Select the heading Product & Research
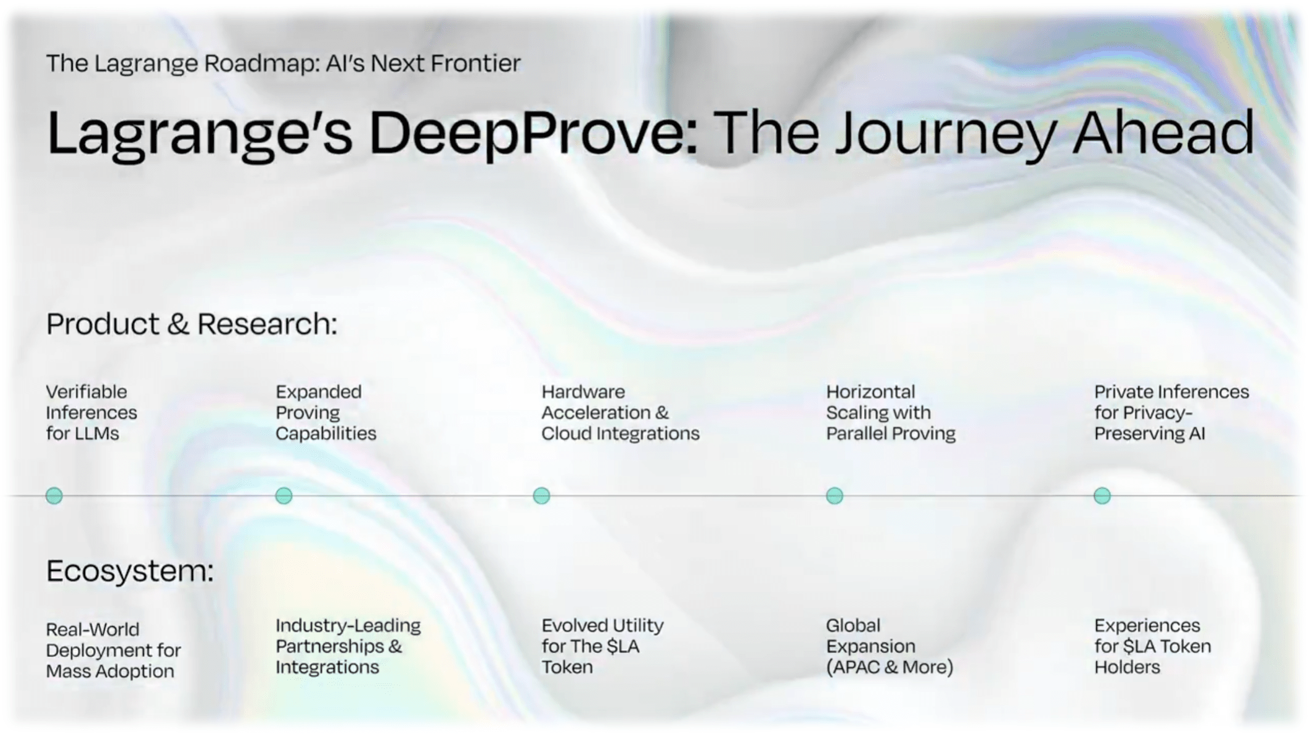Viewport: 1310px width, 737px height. (x=192, y=324)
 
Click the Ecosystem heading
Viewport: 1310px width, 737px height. (x=130, y=571)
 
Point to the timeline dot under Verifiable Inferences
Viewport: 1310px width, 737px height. (x=54, y=496)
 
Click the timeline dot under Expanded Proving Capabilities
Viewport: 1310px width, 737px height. (x=284, y=496)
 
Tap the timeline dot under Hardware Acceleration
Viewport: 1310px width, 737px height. (x=541, y=496)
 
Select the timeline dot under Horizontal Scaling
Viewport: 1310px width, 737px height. (x=835, y=496)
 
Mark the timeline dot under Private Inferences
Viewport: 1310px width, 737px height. (x=1102, y=496)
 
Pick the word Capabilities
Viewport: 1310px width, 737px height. (x=325, y=434)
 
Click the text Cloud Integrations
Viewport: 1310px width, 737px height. (x=621, y=434)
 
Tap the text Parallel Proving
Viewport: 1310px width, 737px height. (x=891, y=434)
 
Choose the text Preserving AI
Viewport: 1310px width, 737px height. (x=1150, y=434)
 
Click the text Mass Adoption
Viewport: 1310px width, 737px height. (x=110, y=672)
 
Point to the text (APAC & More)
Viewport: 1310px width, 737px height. (x=890, y=667)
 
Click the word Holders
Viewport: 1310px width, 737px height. (x=1128, y=667)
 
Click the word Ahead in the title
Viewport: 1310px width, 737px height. (x=1163, y=133)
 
